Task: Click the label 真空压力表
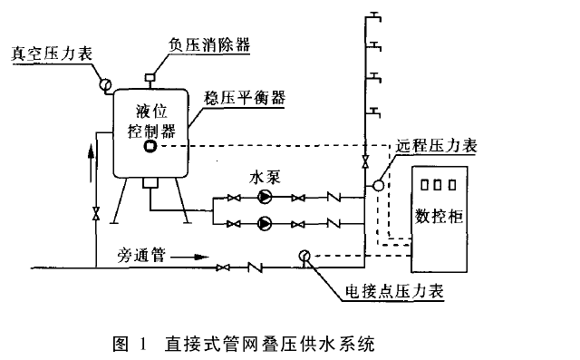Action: pyautogui.click(x=52, y=54)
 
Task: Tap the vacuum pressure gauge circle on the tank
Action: pyautogui.click(x=105, y=84)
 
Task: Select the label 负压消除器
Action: pyautogui.click(x=209, y=44)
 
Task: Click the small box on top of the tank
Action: pyautogui.click(x=150, y=77)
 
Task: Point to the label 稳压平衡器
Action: pyautogui.click(x=245, y=98)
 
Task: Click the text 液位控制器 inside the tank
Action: pyautogui.click(x=151, y=121)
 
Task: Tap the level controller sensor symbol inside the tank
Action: pyautogui.click(x=150, y=146)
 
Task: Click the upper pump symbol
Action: pyautogui.click(x=265, y=197)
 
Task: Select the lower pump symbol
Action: pyautogui.click(x=265, y=223)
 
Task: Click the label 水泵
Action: pyautogui.click(x=265, y=177)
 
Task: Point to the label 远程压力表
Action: pyautogui.click(x=437, y=146)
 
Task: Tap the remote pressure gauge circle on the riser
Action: pyautogui.click(x=379, y=185)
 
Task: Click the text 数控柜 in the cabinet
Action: pyautogui.click(x=439, y=216)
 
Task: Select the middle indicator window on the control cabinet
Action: pyautogui.click(x=438, y=185)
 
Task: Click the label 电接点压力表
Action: pyautogui.click(x=394, y=291)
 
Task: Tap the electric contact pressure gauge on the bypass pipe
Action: pyautogui.click(x=304, y=256)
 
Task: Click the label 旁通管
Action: pyautogui.click(x=141, y=256)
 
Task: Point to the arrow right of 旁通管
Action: pyautogui.click(x=189, y=257)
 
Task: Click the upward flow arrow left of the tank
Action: pyautogui.click(x=91, y=163)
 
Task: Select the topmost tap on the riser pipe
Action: pyautogui.click(x=372, y=17)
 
